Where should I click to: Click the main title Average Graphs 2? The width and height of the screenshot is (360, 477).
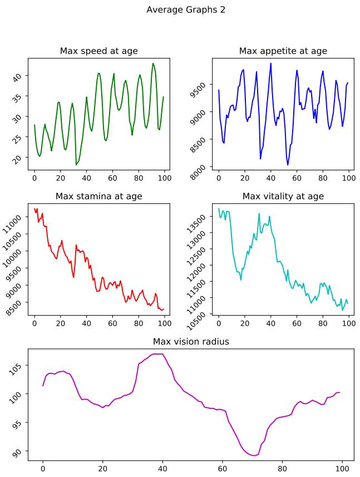coord(185,9)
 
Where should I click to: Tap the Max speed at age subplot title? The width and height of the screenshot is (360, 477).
coord(99,51)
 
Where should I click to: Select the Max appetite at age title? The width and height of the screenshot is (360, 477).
coord(283,51)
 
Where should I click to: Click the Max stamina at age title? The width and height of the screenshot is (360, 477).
coord(99,196)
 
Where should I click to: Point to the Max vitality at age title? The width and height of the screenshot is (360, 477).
coord(283,196)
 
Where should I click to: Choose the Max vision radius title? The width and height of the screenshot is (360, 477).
coord(191,342)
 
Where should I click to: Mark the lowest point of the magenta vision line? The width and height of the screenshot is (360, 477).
coord(254,455)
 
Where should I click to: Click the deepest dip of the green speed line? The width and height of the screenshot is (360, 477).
coord(76,165)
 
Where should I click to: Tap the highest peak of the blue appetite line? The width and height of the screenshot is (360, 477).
coord(271,63)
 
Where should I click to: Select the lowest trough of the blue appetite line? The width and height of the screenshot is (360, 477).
coord(288,165)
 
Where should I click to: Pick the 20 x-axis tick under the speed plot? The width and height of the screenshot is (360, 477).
coord(60,178)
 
